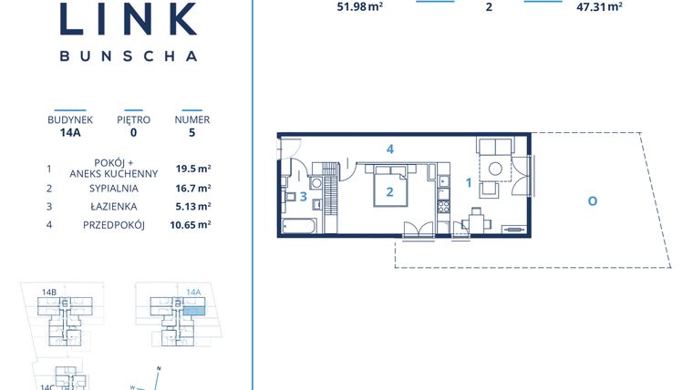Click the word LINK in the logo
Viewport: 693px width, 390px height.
pos(128,19)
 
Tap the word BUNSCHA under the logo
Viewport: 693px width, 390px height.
pos(128,56)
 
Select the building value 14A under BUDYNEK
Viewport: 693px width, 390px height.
pos(70,131)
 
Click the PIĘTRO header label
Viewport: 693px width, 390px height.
pos(133,119)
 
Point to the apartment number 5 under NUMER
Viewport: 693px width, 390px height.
pos(191,131)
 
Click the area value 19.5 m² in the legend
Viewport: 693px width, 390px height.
pos(192,168)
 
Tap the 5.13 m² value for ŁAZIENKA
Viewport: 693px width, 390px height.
pos(192,207)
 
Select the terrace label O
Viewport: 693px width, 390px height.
pos(592,200)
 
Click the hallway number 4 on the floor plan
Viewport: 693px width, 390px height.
pos(389,149)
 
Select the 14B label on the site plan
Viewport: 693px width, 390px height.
pos(49,292)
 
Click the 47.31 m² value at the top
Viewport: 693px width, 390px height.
pos(600,6)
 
